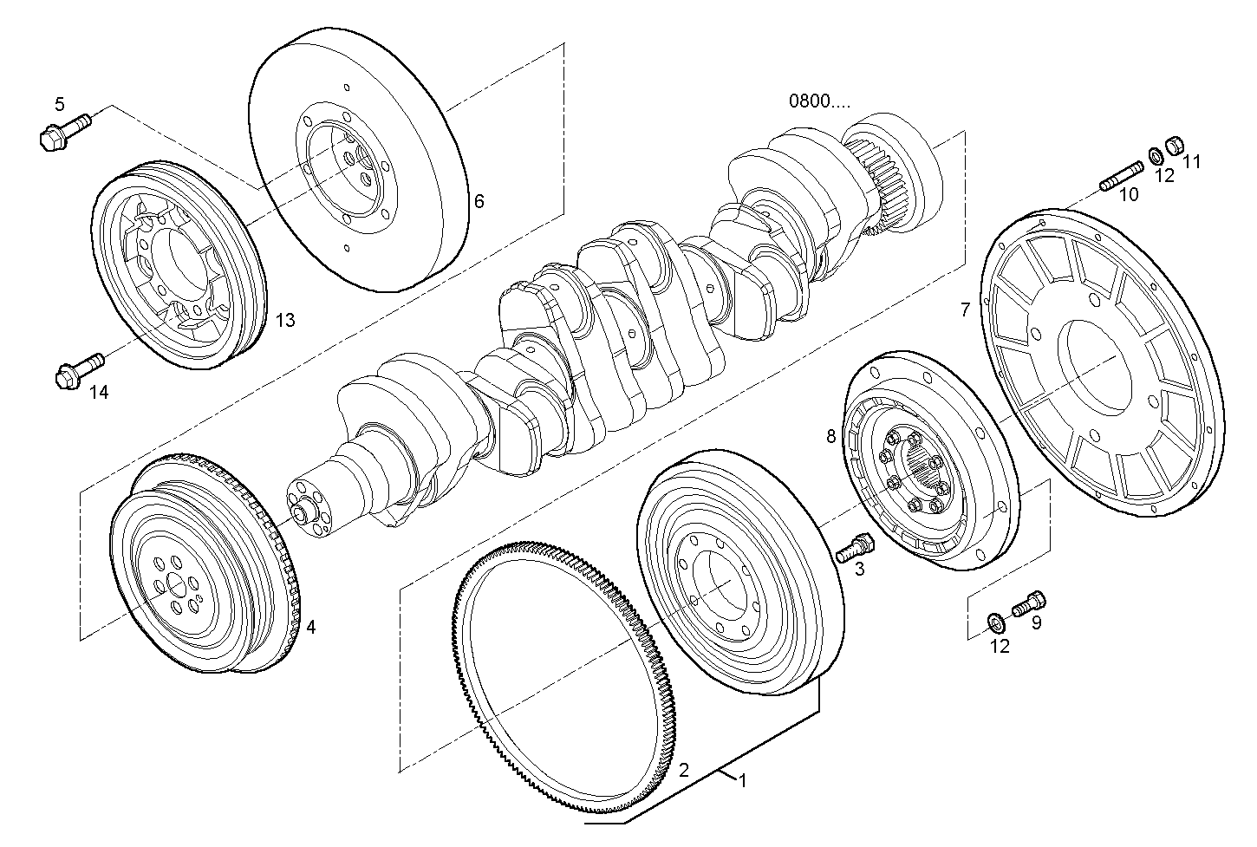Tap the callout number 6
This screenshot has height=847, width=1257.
479,202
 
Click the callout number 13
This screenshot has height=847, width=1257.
285,321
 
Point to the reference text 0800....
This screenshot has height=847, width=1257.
818,101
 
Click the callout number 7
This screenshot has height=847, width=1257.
965,309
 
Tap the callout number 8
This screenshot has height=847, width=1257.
830,436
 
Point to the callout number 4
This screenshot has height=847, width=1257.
309,625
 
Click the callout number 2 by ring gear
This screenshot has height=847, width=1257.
683,769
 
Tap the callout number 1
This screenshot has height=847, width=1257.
741,781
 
